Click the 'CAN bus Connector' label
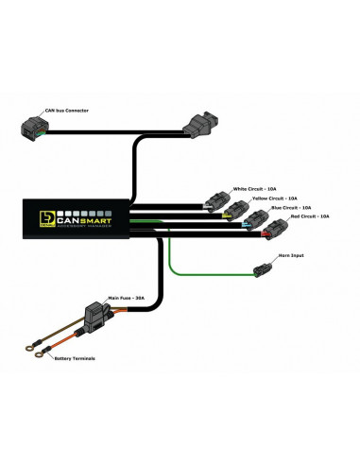(67, 112)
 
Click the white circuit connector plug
(214, 201)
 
